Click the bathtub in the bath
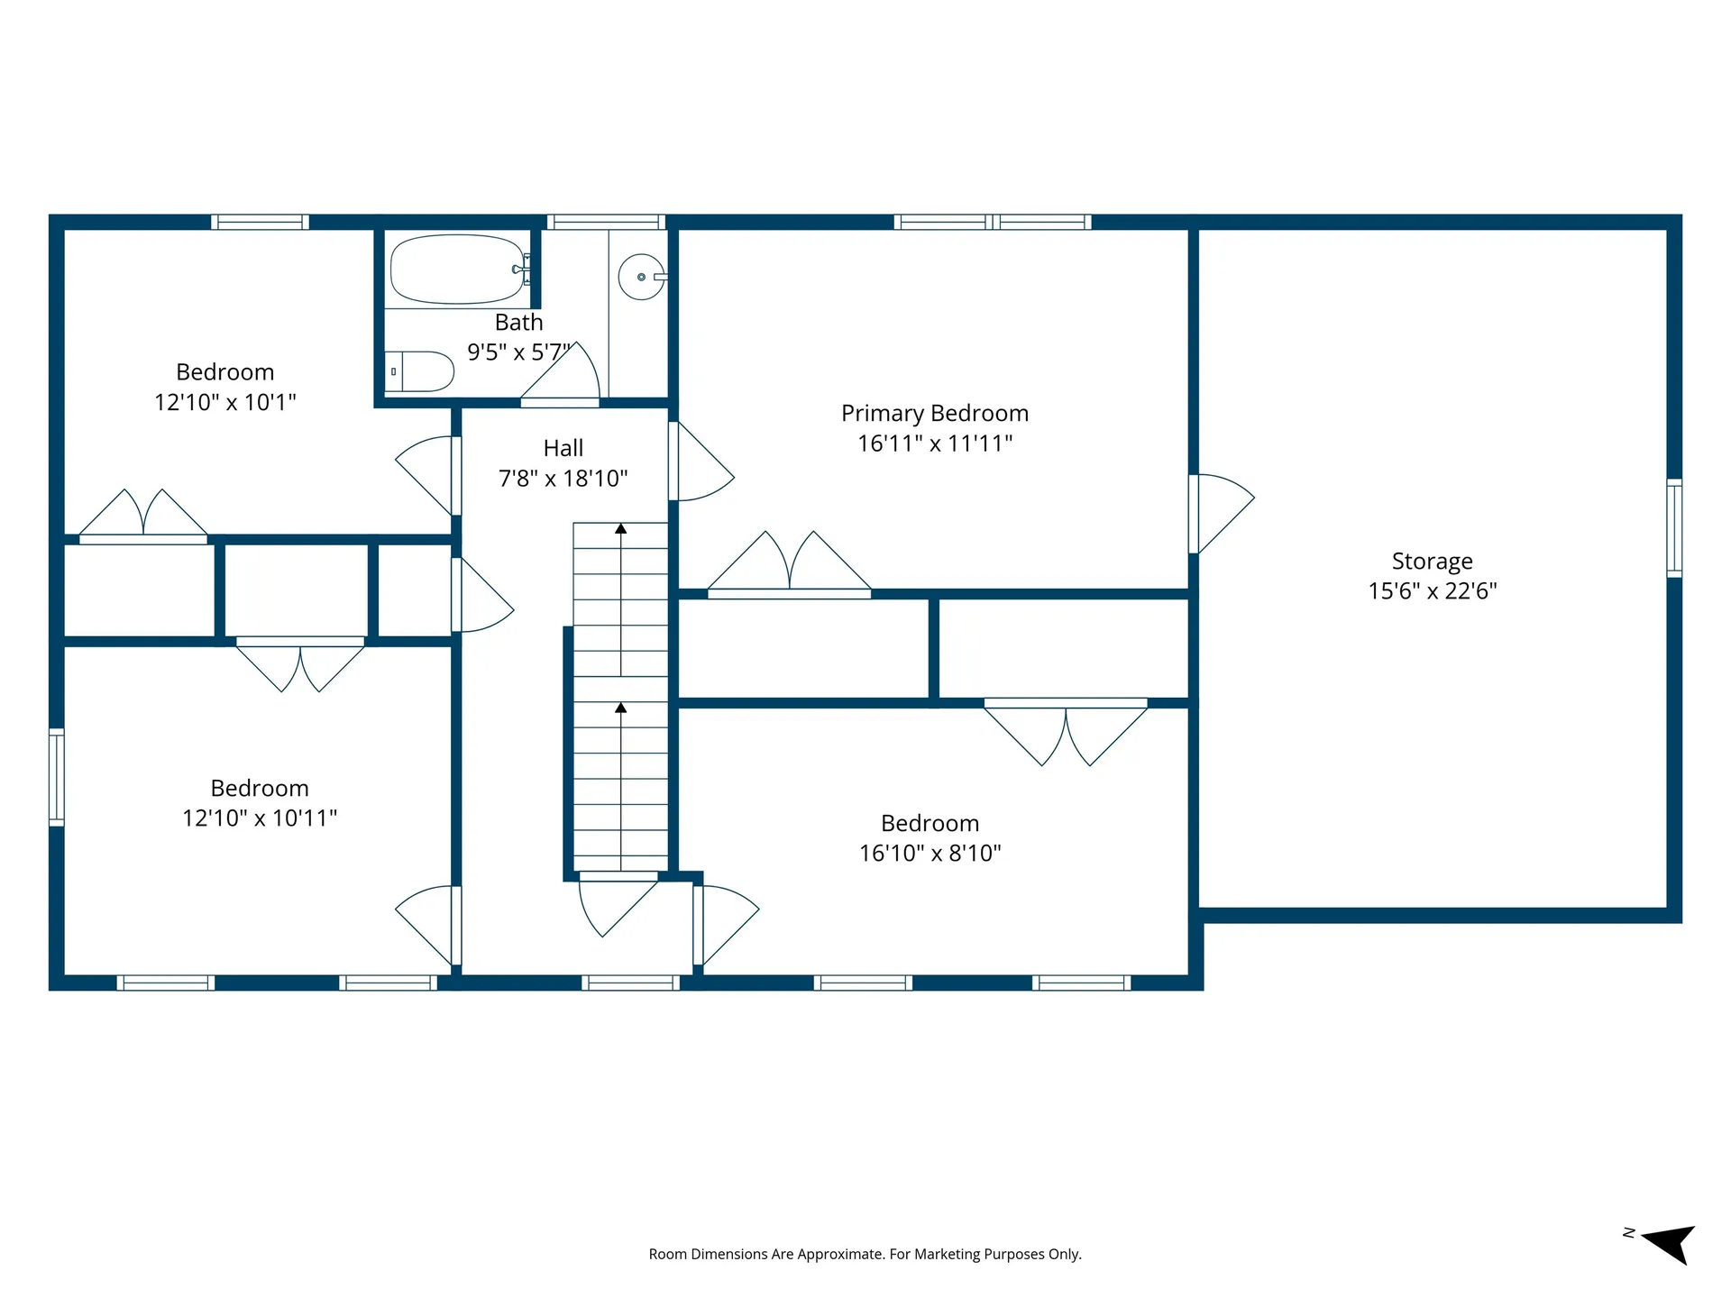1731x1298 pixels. tap(458, 270)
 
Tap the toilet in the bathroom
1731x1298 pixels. tap(419, 371)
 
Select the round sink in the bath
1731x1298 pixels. tap(642, 277)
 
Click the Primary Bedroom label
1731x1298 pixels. tap(935, 413)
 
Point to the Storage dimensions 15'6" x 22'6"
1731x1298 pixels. tap(1433, 590)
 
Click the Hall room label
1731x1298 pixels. tap(563, 448)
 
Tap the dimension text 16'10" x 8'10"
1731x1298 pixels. tap(930, 853)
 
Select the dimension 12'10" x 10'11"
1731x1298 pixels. tap(260, 818)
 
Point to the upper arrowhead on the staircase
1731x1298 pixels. tap(621, 528)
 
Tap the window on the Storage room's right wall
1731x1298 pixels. tap(1674, 528)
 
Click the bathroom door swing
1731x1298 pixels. tap(561, 375)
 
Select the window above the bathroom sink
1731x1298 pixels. tap(606, 222)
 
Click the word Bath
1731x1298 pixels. tap(519, 322)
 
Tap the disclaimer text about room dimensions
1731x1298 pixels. tap(865, 1254)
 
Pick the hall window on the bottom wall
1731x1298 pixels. tap(630, 983)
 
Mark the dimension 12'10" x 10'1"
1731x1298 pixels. tap(225, 402)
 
